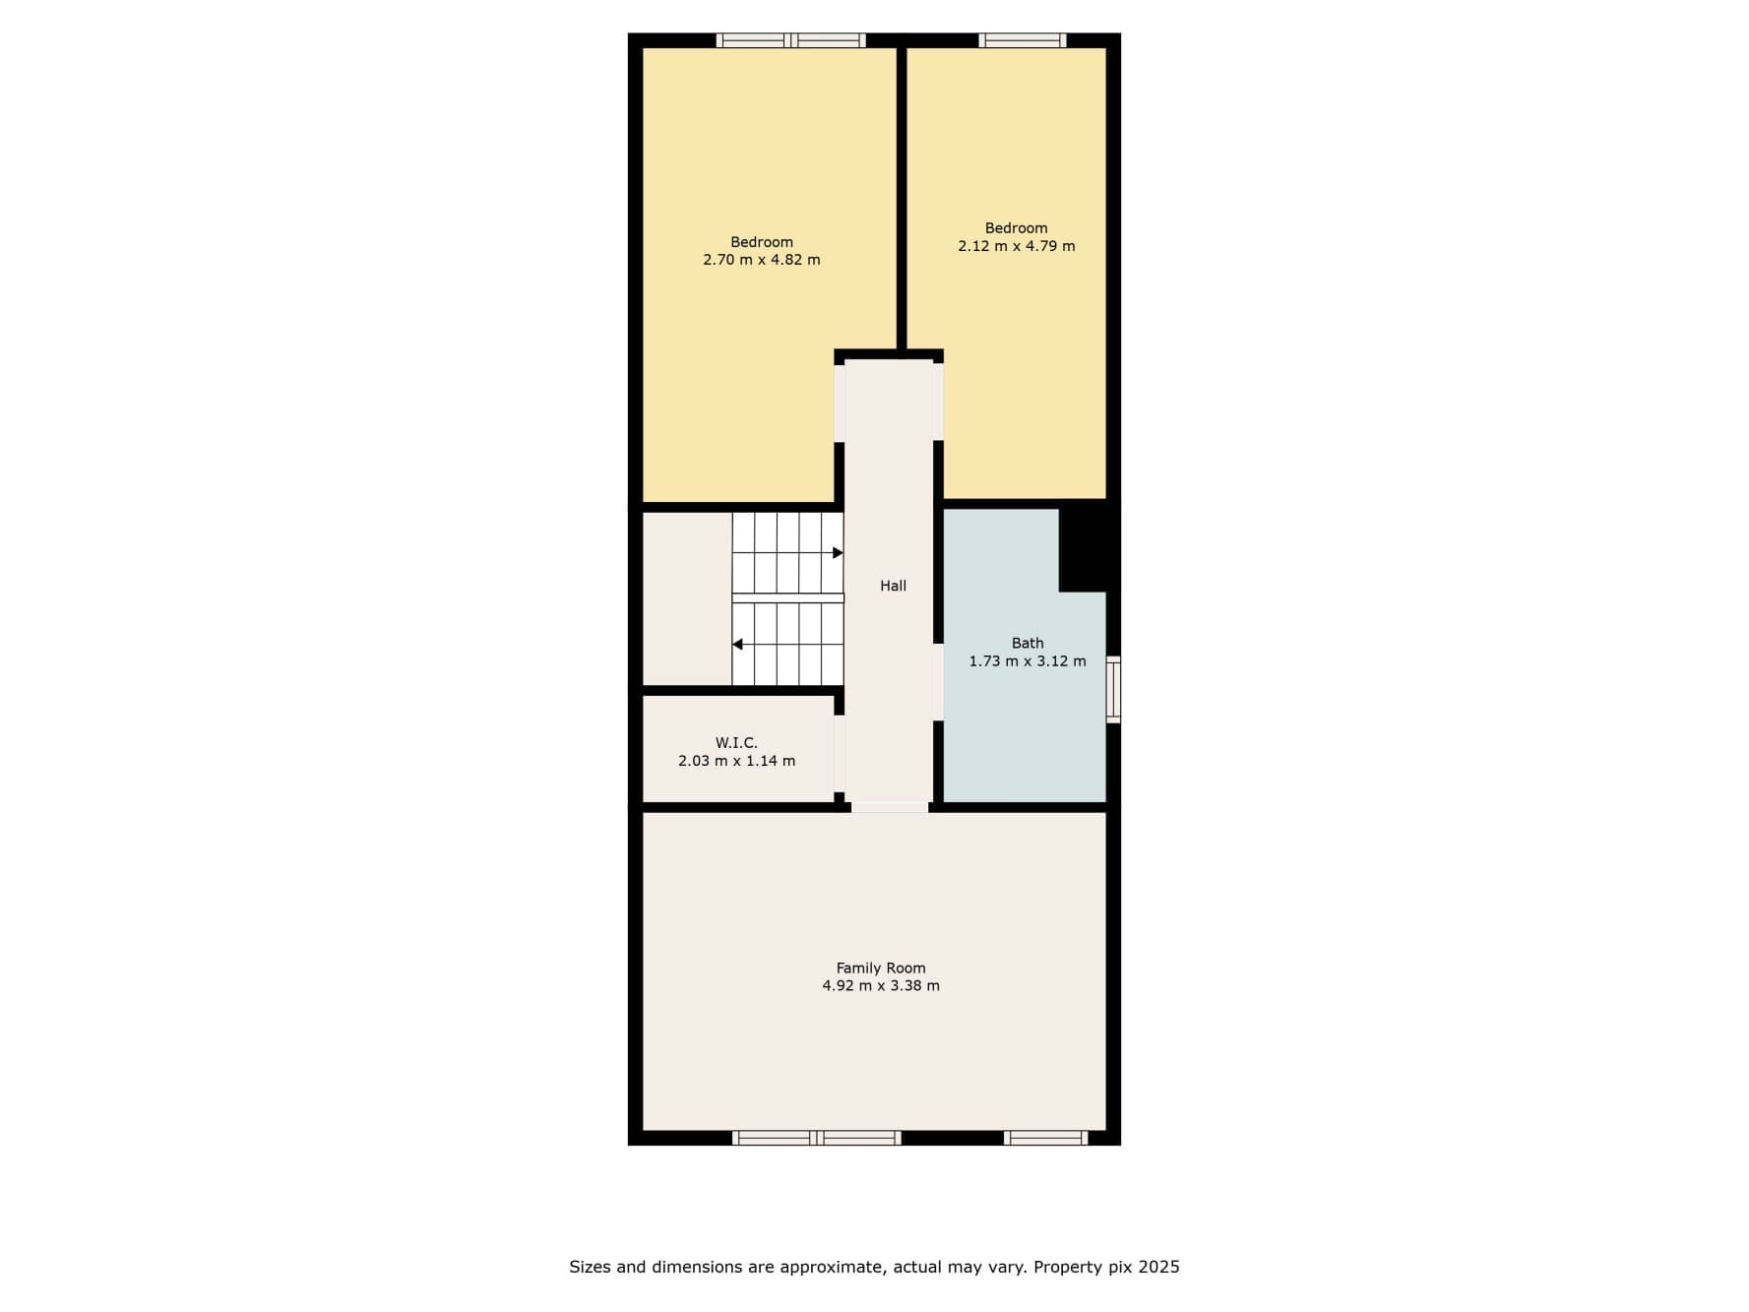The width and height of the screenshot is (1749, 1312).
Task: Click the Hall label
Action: (x=893, y=586)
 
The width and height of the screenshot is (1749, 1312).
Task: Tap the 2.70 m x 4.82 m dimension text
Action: (x=761, y=260)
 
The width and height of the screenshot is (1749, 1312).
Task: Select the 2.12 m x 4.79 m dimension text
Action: (x=1016, y=246)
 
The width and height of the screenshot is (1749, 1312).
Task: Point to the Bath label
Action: (x=1028, y=643)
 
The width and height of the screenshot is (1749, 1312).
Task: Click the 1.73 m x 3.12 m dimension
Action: (x=1028, y=661)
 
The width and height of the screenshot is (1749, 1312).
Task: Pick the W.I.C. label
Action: (x=736, y=743)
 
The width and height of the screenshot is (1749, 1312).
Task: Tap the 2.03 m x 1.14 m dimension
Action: (x=736, y=761)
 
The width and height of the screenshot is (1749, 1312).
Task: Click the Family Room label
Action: (x=881, y=968)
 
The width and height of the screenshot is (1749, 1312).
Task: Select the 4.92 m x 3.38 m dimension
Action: (x=881, y=985)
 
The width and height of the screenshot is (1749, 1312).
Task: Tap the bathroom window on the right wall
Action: (x=1113, y=690)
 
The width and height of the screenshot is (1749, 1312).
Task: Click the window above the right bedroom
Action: (x=1022, y=40)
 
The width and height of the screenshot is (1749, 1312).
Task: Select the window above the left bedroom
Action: (x=790, y=40)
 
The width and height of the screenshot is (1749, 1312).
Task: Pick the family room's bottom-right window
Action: (x=1045, y=1138)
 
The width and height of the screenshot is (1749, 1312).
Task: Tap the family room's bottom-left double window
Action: (x=816, y=1138)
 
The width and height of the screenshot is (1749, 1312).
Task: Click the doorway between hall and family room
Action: (x=890, y=807)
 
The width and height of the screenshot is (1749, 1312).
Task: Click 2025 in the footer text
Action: (x=1159, y=1267)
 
